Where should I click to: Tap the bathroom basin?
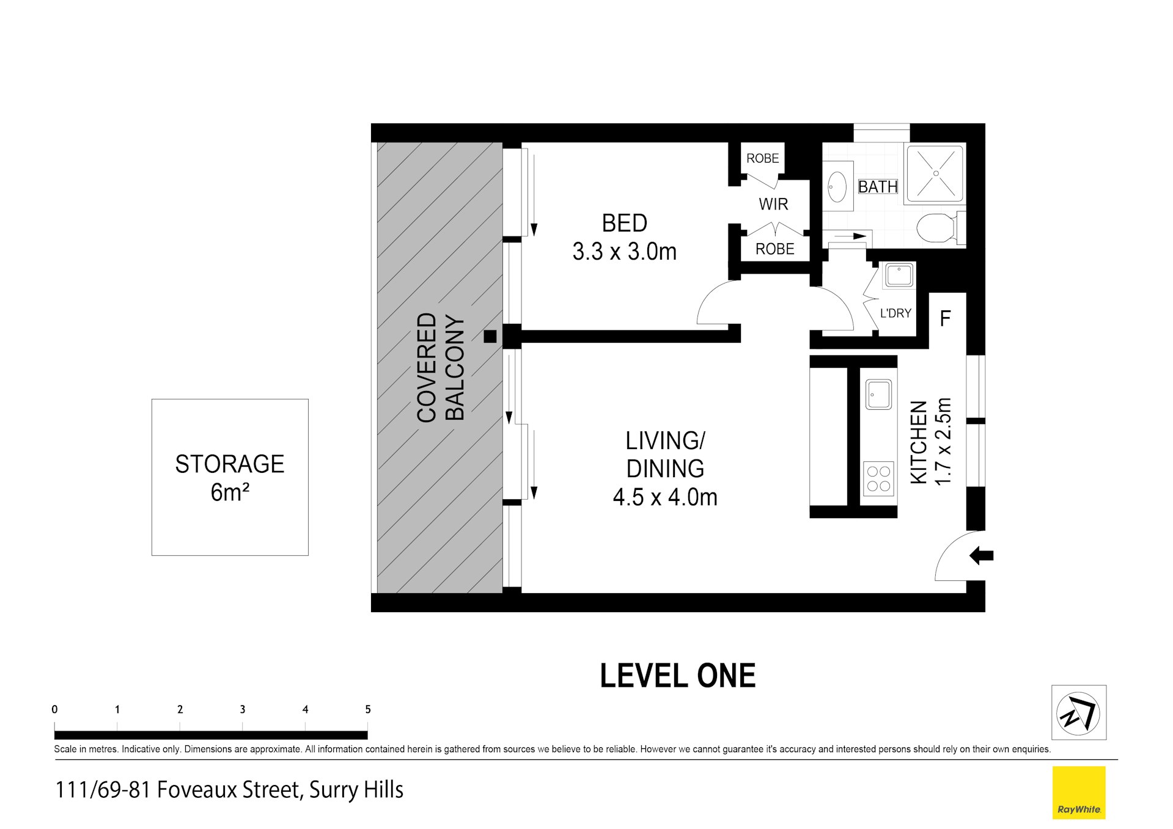pyautogui.click(x=837, y=186)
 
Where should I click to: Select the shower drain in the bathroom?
pyautogui.click(x=936, y=173)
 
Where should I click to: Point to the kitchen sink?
pyautogui.click(x=878, y=394)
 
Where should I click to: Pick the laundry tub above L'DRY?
pyautogui.click(x=899, y=276)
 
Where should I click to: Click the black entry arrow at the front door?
pyautogui.click(x=981, y=556)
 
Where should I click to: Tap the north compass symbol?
pyautogui.click(x=1078, y=713)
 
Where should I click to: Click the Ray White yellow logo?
pyautogui.click(x=1079, y=792)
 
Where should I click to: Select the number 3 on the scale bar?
pyautogui.click(x=243, y=709)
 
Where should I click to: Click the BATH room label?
pyautogui.click(x=878, y=186)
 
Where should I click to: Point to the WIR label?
pyautogui.click(x=773, y=204)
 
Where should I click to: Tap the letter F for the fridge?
pyautogui.click(x=945, y=318)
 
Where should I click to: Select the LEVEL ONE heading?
pyautogui.click(x=678, y=676)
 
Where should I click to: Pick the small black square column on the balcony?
pyautogui.click(x=490, y=336)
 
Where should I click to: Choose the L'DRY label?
pyautogui.click(x=895, y=313)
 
